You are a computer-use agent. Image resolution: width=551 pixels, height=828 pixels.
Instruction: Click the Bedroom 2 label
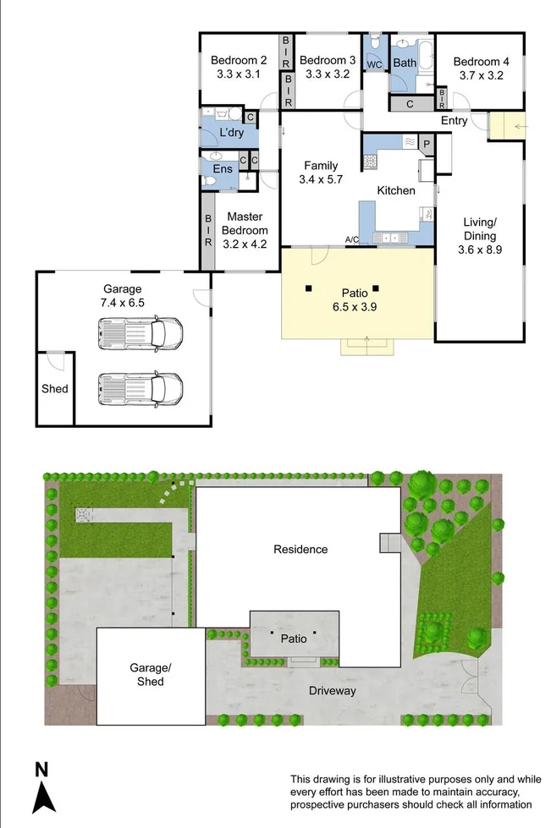point(239,60)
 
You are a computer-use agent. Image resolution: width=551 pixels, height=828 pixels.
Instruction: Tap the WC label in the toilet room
point(375,63)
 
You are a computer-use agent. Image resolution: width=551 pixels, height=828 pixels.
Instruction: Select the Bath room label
point(405,63)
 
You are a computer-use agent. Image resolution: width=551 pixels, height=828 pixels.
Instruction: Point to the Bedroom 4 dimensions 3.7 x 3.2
point(481,74)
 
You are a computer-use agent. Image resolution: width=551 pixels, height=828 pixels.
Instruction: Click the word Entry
point(454,121)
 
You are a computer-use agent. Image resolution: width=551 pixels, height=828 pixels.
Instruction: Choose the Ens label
point(222,169)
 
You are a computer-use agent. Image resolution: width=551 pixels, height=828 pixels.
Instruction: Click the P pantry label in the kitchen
point(427,144)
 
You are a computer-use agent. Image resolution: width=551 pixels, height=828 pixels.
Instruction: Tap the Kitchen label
point(396,190)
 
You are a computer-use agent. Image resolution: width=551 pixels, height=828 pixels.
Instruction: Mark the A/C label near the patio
point(352,241)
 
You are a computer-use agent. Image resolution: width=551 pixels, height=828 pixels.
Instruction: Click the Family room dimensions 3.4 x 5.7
point(321,179)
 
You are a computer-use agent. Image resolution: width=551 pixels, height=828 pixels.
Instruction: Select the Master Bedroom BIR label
point(208,230)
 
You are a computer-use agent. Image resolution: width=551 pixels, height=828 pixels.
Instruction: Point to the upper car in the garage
point(141,332)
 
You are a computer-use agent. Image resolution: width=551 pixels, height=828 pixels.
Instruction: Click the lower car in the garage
point(141,389)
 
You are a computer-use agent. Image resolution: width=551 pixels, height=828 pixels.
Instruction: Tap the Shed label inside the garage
point(54,389)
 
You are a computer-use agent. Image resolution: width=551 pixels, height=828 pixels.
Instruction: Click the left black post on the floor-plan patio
point(309,288)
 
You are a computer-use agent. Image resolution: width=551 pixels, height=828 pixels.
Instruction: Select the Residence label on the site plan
point(300,549)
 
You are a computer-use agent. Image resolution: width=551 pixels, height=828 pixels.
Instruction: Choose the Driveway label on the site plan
point(333,691)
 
